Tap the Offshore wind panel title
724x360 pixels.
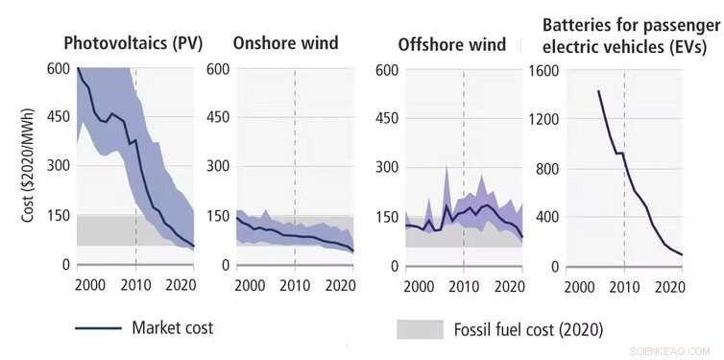click(x=451, y=45)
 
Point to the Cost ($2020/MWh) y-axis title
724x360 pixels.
click(x=29, y=166)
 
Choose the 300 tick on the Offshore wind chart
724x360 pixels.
click(x=387, y=167)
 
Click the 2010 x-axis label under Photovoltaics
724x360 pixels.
click(x=135, y=284)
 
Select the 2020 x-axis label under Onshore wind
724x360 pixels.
click(x=340, y=284)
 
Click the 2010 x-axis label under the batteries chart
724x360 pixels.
click(x=624, y=285)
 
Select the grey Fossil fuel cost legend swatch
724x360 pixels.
click(x=419, y=329)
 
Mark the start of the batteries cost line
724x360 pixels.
click(x=598, y=91)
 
